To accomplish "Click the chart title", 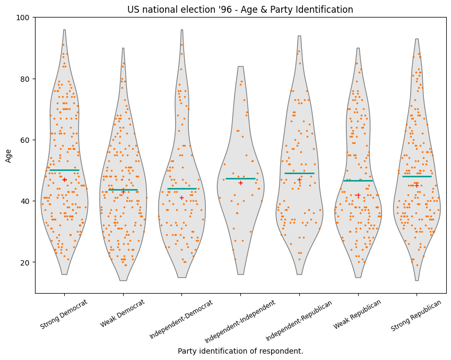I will (x=240, y=10).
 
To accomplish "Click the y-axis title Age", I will (x=8, y=155).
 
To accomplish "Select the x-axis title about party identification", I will (x=240, y=351).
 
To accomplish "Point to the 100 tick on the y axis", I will (x=24, y=18).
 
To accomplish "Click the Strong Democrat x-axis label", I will (x=64, y=314).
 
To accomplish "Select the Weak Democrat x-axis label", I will (x=123, y=313).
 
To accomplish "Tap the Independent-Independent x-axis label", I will (x=240, y=321).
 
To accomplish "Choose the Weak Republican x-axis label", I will (x=358, y=314).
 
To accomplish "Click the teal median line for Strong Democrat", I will (x=64, y=170).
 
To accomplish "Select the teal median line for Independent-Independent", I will (x=240, y=178).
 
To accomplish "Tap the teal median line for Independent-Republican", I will (x=299, y=173).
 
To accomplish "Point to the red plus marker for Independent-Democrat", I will (x=181, y=198).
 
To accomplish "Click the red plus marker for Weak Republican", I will (x=358, y=195).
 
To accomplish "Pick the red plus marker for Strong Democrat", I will (x=65, y=179).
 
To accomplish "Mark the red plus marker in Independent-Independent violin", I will (x=240, y=183).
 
